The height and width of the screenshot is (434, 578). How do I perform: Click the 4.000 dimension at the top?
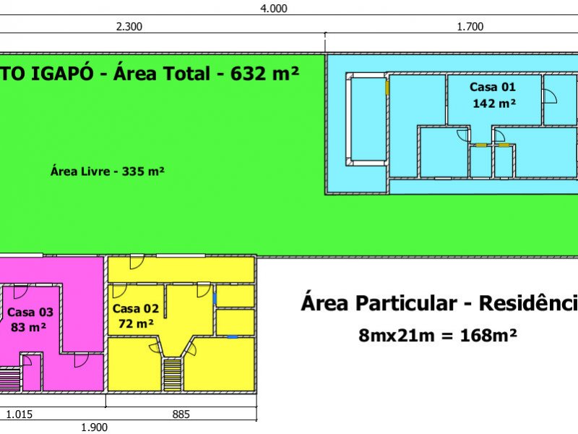click(274, 8)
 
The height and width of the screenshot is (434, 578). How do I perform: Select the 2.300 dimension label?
click(129, 27)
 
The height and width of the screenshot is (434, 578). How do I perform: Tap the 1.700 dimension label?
click(470, 27)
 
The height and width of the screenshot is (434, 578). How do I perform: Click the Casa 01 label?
click(493, 87)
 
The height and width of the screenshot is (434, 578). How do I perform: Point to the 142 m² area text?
click(494, 103)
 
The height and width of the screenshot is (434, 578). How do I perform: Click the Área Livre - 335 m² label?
click(107, 171)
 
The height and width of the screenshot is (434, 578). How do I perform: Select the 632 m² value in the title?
click(264, 74)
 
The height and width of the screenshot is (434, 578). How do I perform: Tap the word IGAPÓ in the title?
click(62, 73)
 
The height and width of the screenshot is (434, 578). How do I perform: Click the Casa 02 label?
click(136, 309)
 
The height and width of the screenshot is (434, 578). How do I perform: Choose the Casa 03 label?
click(30, 312)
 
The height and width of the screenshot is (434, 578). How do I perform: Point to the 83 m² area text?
click(28, 327)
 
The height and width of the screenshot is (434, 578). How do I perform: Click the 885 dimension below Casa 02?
click(181, 414)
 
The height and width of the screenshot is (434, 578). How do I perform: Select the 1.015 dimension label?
click(20, 414)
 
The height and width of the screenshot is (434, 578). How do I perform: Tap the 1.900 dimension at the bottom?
click(95, 427)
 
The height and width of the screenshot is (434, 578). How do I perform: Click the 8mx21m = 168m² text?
click(438, 336)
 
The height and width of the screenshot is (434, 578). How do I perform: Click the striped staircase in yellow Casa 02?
click(172, 375)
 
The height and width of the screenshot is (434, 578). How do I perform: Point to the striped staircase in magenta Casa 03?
click(9, 380)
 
